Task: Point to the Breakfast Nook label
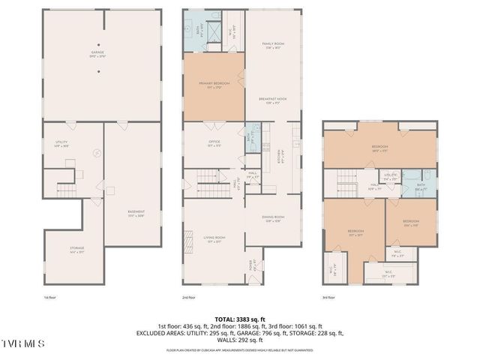point(272,100)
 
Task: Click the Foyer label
point(252,265)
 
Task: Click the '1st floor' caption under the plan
point(49,298)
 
